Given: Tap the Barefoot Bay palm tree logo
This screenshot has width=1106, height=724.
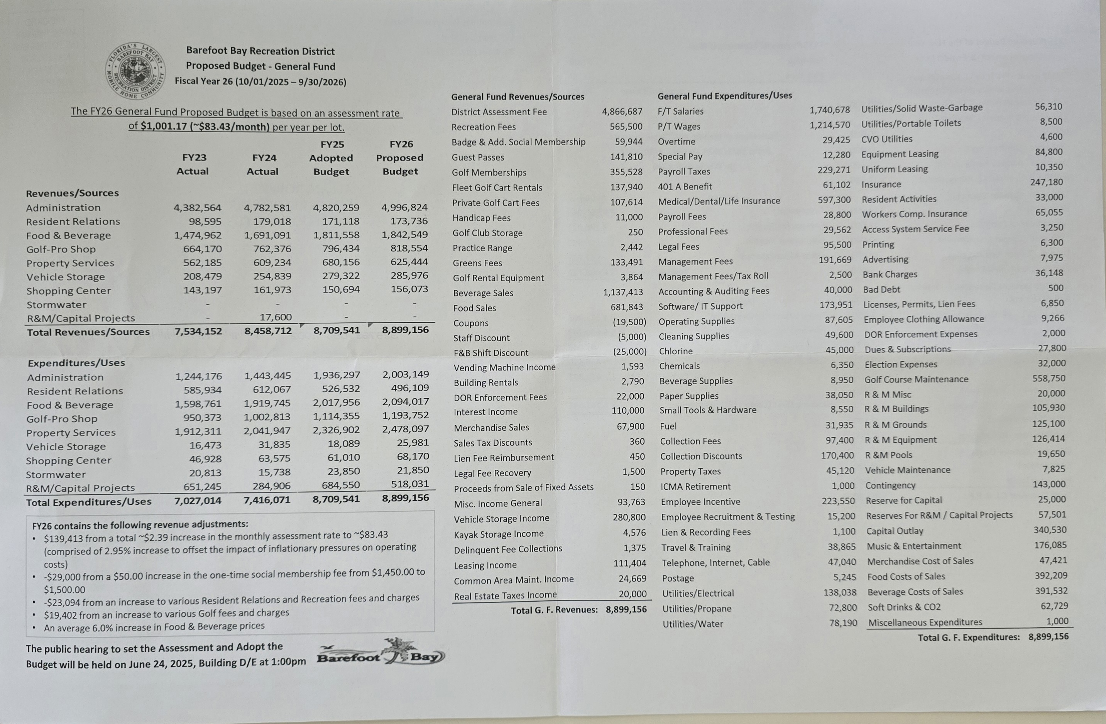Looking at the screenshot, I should tap(381, 652).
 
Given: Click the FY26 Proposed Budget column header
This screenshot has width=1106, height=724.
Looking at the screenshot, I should tap(400, 158).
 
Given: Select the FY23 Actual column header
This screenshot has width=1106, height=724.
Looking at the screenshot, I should tap(193, 164).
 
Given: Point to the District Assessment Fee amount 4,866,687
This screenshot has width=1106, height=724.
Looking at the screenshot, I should tap(622, 112).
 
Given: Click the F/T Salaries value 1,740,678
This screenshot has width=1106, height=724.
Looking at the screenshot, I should tap(830, 110).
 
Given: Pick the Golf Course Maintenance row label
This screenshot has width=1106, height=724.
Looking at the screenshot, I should tap(916, 379).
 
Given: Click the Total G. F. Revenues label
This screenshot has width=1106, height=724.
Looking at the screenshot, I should tap(554, 610).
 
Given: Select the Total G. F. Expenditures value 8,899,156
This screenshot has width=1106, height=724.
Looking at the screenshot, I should tap(1049, 637).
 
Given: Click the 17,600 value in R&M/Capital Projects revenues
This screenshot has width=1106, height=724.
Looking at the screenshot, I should tap(276, 317).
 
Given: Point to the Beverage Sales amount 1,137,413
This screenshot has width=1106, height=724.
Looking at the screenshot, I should tap(623, 292).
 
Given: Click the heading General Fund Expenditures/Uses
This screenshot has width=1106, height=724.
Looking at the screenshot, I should tap(724, 96).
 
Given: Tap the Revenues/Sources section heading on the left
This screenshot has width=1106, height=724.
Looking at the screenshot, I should tap(73, 193).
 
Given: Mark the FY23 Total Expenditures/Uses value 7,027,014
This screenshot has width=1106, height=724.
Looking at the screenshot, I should tap(198, 501).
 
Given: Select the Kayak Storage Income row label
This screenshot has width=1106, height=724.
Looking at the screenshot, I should tap(499, 534).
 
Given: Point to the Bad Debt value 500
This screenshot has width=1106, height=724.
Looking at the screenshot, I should tap(1056, 288).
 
